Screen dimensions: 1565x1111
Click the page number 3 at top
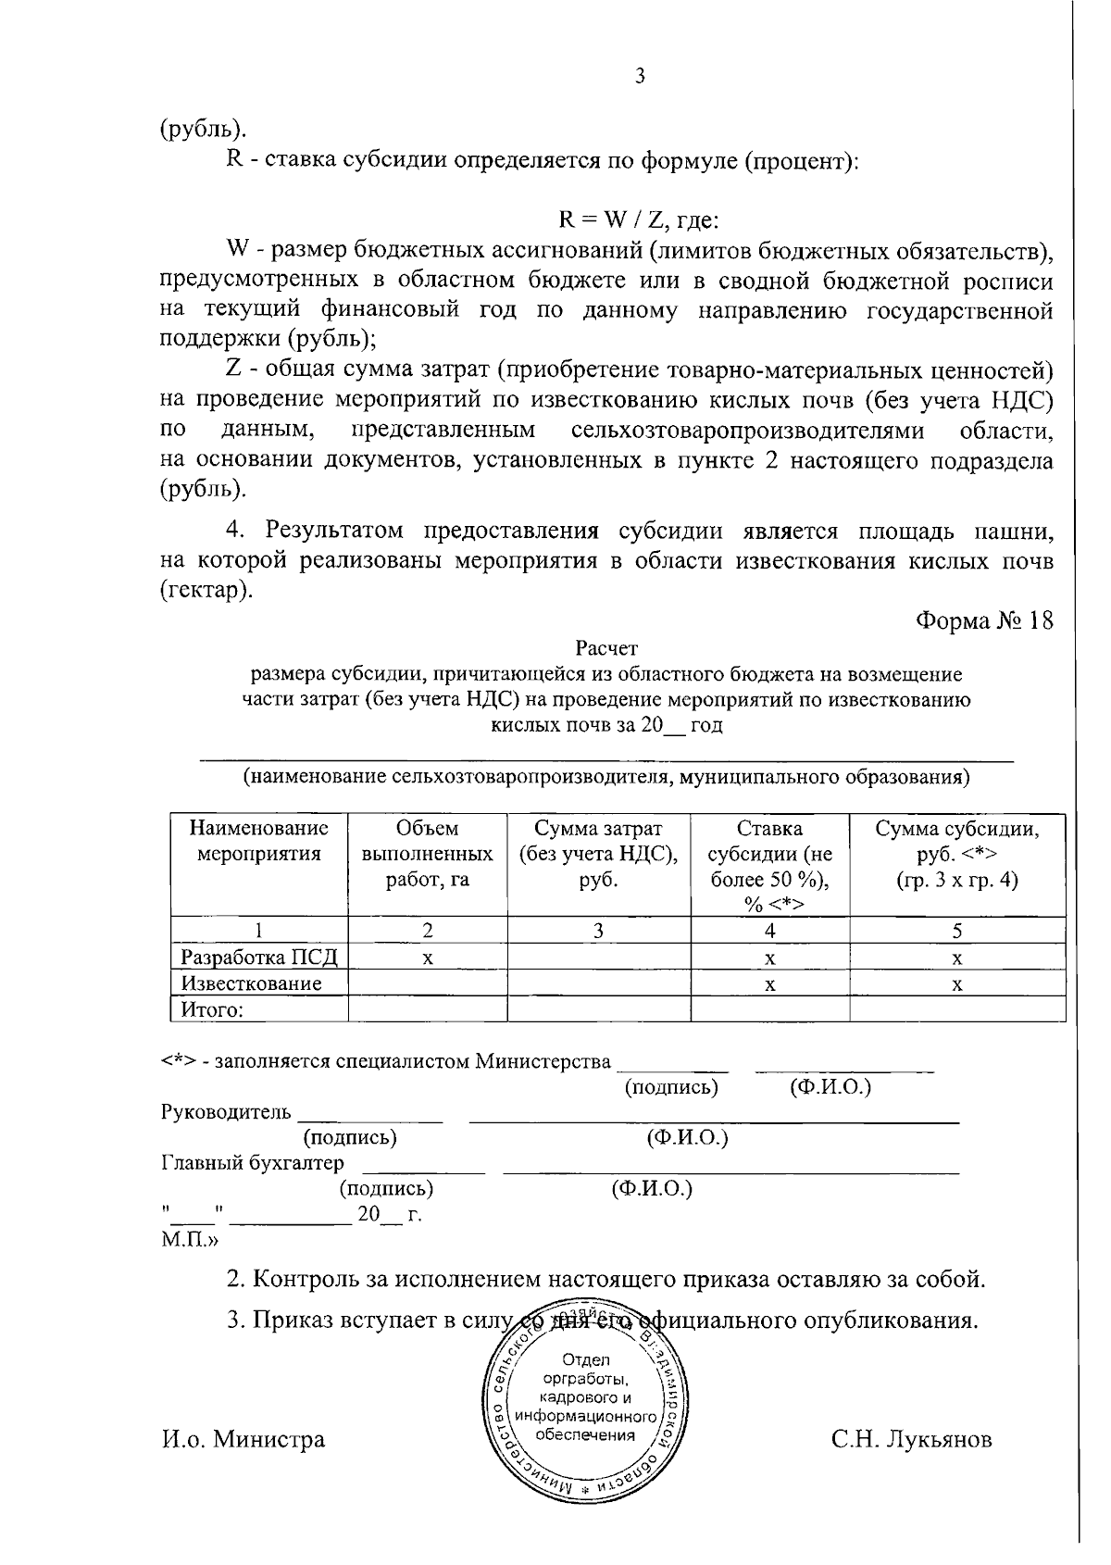(639, 77)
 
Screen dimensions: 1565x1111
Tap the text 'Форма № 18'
(984, 620)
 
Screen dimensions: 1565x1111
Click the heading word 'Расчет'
(606, 649)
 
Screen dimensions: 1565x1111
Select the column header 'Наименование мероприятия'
(259, 841)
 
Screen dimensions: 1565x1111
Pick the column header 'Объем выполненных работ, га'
(427, 854)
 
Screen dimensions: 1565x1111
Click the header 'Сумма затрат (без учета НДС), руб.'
(598, 854)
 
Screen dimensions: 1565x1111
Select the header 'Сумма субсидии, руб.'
(956, 854)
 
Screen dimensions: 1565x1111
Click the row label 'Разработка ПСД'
(260, 958)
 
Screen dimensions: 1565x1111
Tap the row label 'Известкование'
(251, 983)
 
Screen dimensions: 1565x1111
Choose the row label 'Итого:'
(211, 1009)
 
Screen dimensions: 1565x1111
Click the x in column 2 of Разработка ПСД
(427, 958)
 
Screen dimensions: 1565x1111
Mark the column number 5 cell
(956, 931)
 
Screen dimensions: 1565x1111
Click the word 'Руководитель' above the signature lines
(226, 1111)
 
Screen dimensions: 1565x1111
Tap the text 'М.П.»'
(191, 1238)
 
